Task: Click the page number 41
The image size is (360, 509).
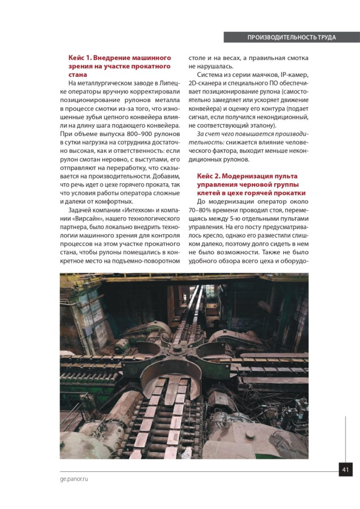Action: click(x=345, y=470)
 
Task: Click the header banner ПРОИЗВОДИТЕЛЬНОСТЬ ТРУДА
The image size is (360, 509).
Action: click(x=292, y=37)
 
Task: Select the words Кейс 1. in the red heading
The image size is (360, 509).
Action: click(x=79, y=58)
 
